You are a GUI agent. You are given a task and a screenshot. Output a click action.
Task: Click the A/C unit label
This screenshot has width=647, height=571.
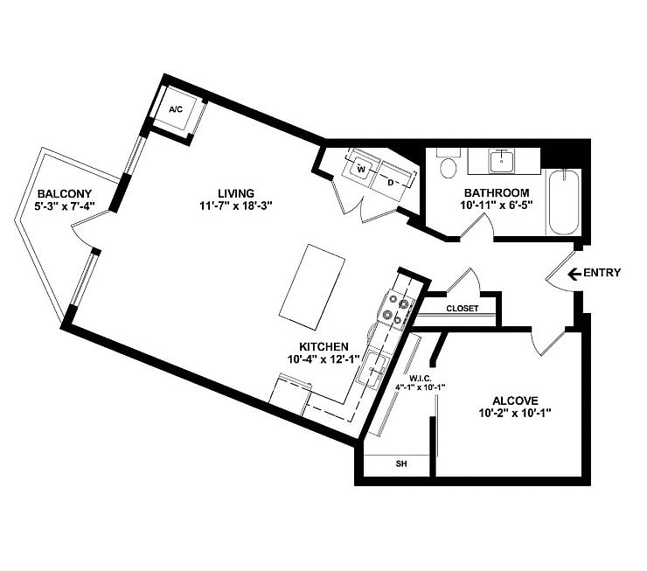(176, 110)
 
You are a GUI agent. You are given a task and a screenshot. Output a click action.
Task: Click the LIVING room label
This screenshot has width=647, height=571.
(236, 193)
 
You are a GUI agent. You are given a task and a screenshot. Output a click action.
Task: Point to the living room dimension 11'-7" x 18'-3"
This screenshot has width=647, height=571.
(236, 207)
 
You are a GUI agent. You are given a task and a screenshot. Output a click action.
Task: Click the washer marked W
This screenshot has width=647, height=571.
(360, 169)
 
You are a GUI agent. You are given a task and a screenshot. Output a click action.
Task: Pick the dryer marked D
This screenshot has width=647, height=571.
(391, 182)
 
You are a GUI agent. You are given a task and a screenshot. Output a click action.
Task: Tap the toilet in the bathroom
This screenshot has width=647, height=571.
(449, 167)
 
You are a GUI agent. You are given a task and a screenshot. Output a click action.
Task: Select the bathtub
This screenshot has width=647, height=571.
(563, 202)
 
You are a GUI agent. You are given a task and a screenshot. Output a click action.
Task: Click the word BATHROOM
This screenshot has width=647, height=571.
(497, 193)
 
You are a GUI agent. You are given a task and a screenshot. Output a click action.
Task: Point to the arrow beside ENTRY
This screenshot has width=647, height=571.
(574, 274)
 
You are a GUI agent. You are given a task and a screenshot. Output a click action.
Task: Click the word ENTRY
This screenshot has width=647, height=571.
(603, 274)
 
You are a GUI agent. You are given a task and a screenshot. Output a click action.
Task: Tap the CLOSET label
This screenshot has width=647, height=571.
(462, 309)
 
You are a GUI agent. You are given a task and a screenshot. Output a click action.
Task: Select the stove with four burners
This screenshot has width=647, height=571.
(394, 310)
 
